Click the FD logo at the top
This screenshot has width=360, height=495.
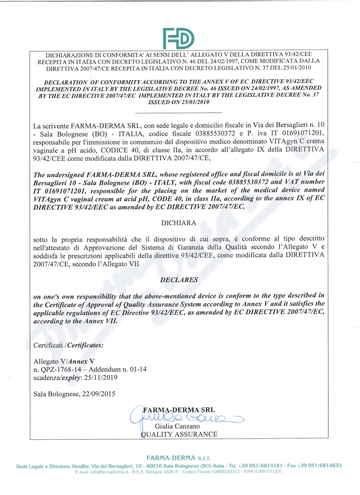point(179,38)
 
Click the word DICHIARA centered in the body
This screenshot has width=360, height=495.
point(179,222)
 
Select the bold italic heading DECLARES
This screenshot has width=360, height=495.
point(179,279)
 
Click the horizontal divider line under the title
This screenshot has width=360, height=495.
point(179,112)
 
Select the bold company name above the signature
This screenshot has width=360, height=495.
point(179,410)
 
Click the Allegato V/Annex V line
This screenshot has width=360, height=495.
point(64,361)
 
